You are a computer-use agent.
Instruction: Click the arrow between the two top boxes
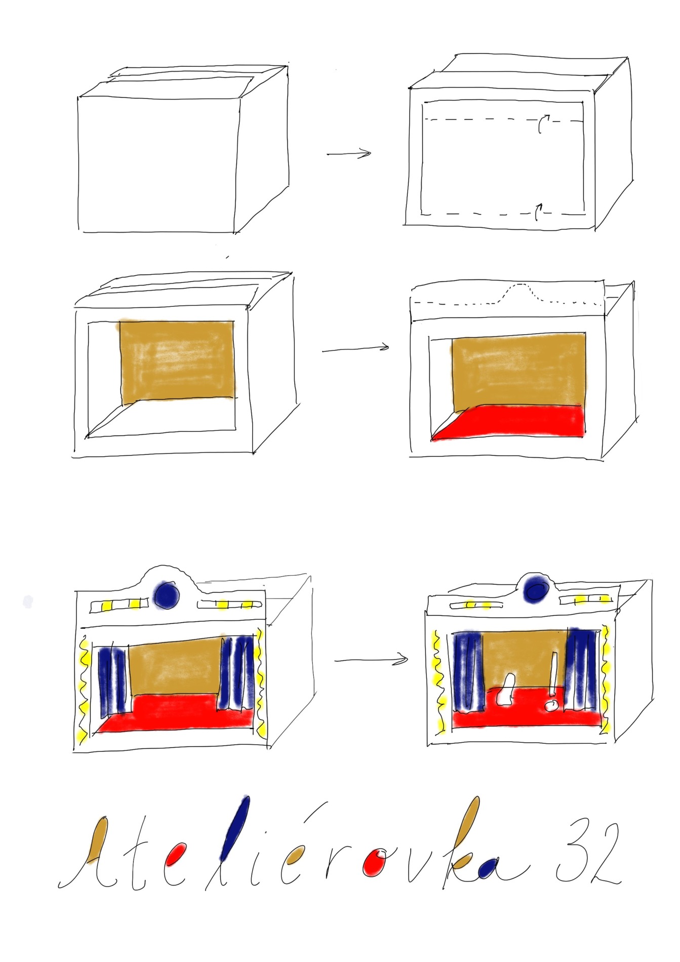(x=349, y=153)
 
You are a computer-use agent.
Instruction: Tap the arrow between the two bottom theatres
(x=371, y=659)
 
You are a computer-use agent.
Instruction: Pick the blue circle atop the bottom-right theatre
(x=536, y=588)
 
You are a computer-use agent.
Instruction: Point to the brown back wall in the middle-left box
(x=177, y=360)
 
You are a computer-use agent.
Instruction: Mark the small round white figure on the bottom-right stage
(x=550, y=705)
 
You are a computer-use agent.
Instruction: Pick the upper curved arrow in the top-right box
(x=543, y=123)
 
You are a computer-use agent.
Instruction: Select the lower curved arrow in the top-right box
(x=538, y=212)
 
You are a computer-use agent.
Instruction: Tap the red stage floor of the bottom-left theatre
(x=175, y=713)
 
